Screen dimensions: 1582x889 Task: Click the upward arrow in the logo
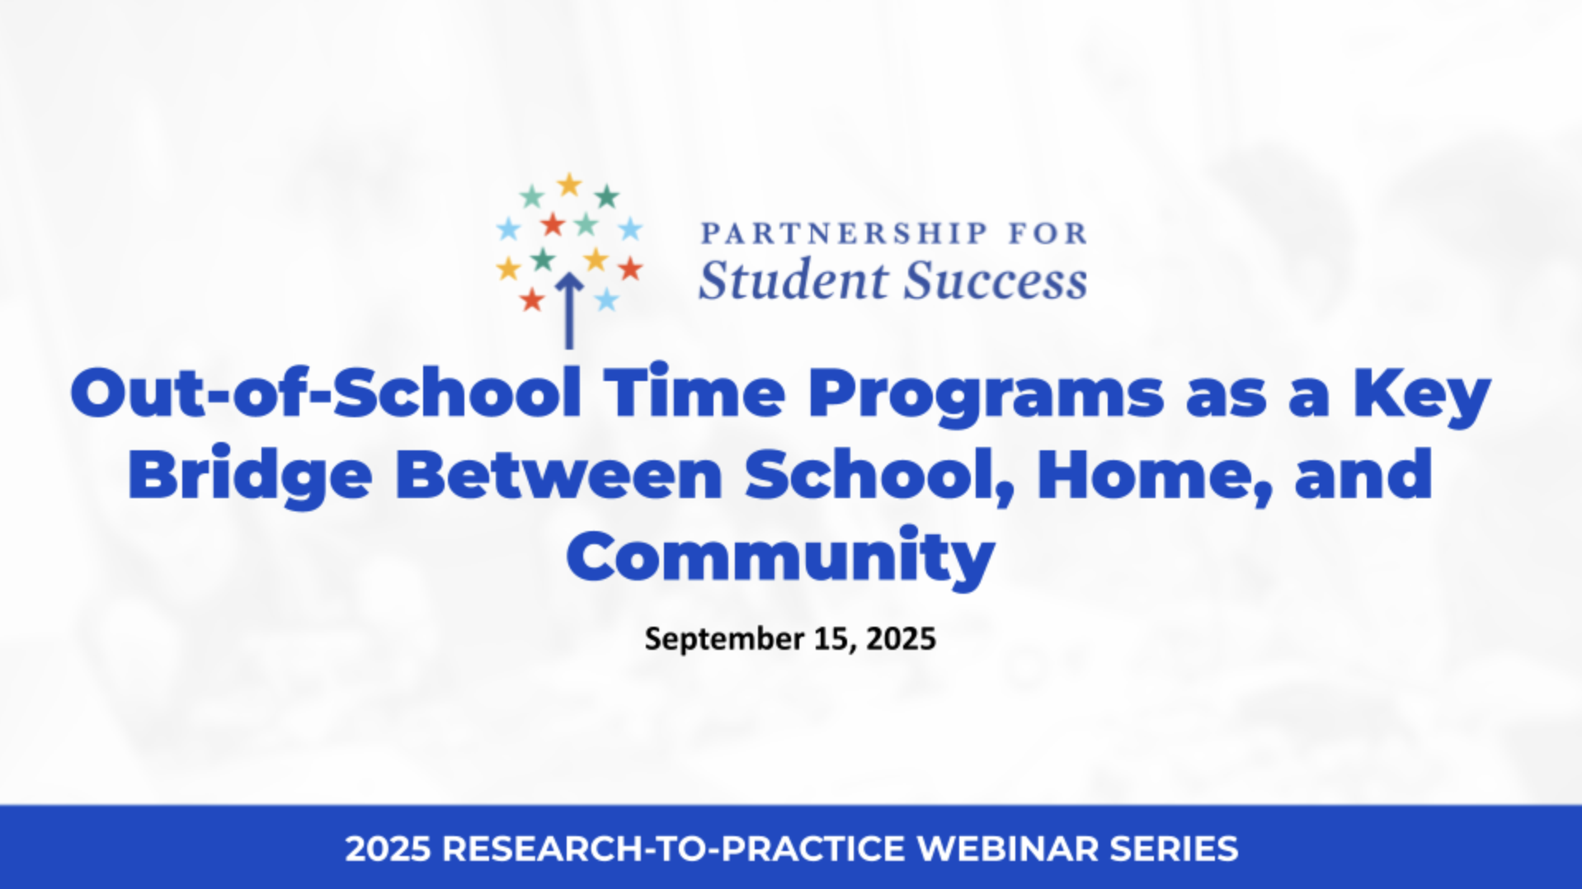tap(568, 311)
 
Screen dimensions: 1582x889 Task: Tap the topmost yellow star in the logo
tap(569, 185)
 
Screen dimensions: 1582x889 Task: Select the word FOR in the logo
tap(1048, 233)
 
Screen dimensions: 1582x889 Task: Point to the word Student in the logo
tap(792, 280)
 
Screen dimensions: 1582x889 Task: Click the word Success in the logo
tap(996, 280)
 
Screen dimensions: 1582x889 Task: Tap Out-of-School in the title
tap(326, 393)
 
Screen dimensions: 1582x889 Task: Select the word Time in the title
tap(694, 393)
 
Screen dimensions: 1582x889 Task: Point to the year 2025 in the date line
tap(901, 639)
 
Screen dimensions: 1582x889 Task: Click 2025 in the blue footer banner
tap(388, 849)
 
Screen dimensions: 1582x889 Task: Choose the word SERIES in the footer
tap(1174, 849)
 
